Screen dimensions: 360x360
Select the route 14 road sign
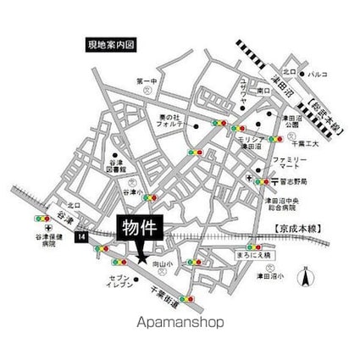tap(80, 239)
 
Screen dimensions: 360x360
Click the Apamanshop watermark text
tap(180, 322)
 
